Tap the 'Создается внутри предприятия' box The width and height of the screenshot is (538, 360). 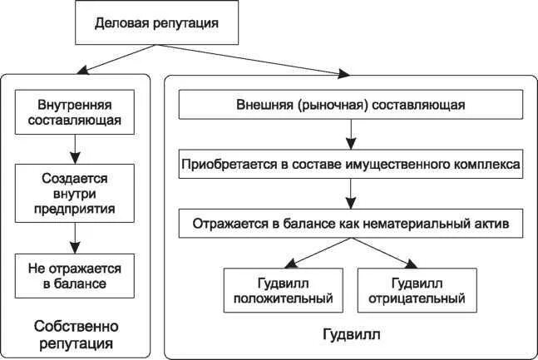click(x=75, y=193)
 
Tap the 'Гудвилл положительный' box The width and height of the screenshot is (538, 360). click(x=284, y=290)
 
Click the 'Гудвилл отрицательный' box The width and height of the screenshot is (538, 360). click(x=417, y=290)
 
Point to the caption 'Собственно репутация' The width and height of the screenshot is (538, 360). click(x=76, y=333)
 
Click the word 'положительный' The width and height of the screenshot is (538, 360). click(x=284, y=298)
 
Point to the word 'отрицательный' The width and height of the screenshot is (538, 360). click(x=417, y=298)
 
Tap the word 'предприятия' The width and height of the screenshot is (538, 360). click(x=75, y=207)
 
